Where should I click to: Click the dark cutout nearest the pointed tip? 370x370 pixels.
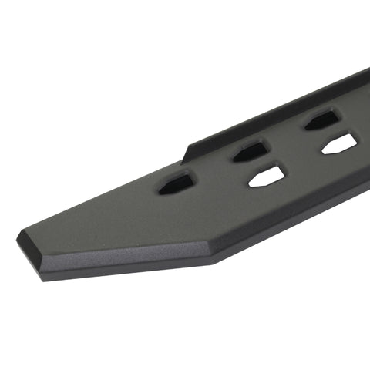[x=177, y=183]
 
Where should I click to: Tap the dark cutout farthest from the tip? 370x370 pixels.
[x=321, y=119]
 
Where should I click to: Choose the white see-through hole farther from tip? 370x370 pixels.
[x=339, y=143]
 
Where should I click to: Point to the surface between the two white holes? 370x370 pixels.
[x=303, y=162]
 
